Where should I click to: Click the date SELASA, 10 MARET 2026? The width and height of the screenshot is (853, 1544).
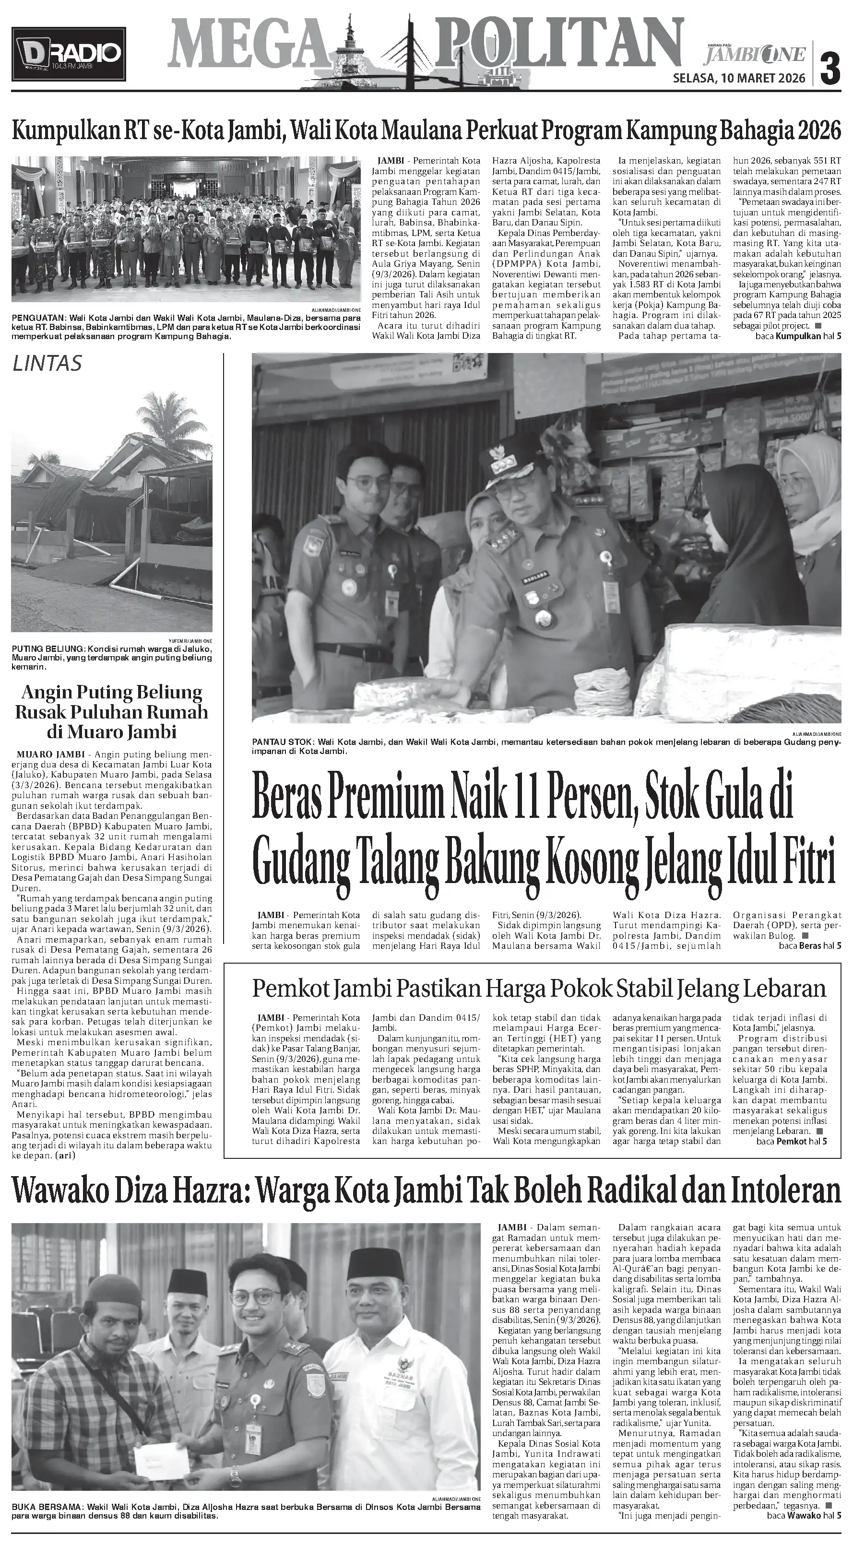point(740,78)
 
